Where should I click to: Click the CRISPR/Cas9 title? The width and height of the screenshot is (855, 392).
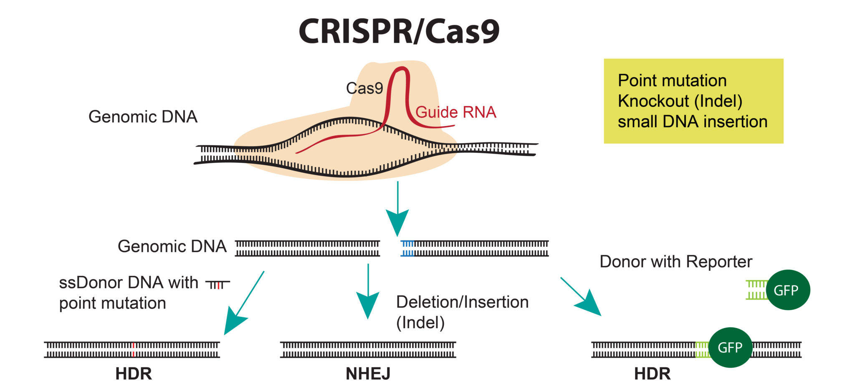point(399,32)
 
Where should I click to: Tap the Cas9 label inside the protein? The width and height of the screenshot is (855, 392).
point(364,88)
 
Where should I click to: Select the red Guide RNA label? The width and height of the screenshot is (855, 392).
point(455,112)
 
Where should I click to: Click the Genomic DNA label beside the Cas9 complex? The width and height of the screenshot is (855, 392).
point(143,117)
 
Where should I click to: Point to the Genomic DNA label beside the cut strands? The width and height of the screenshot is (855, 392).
point(172,246)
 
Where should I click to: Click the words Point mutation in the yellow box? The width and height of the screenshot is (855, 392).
point(672,81)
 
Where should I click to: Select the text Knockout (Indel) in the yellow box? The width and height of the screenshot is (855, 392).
point(680,101)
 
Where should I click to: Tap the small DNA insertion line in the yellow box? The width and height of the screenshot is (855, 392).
point(692,122)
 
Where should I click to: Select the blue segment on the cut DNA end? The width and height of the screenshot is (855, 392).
point(407,248)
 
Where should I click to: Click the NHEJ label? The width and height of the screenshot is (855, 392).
point(368,374)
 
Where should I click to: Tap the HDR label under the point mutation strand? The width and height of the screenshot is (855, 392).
point(133,374)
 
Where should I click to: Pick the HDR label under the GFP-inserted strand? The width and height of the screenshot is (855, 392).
point(652,374)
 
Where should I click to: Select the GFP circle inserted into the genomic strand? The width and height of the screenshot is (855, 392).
point(730,347)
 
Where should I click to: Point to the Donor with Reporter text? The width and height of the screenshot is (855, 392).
point(675,262)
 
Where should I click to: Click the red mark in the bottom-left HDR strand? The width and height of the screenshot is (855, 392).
point(133,350)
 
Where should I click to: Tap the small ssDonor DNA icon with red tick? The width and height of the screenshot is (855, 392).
point(218,285)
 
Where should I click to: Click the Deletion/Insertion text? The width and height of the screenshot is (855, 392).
point(462,302)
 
